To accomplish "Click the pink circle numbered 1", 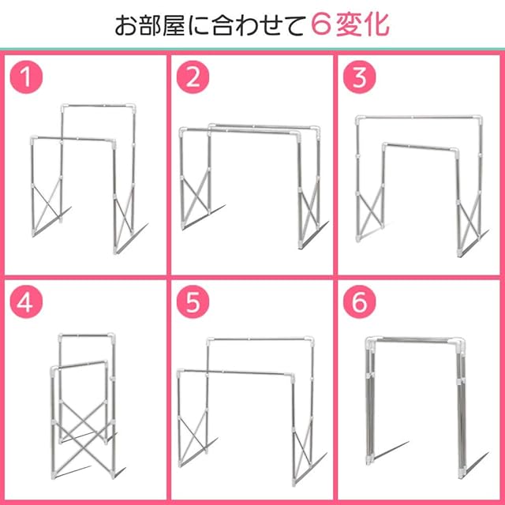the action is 26,77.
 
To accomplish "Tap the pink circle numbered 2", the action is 193,77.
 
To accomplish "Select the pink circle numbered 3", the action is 360,77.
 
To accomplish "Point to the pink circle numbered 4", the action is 26,302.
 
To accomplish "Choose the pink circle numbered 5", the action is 193,302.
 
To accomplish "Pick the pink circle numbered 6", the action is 360,302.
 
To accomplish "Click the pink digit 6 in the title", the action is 322,25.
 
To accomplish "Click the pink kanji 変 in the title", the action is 350,25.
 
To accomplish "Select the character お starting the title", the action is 126,26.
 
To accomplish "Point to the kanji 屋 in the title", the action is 174,25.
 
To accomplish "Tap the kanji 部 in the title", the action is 150,25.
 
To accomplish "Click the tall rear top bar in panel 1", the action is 98,106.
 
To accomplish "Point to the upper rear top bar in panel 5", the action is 260,339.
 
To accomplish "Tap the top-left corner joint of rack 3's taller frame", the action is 361,121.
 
